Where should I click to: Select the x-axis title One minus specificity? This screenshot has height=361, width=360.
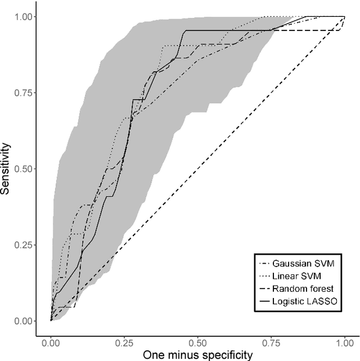[198, 354]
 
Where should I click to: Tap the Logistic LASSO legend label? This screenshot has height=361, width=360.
[305, 302]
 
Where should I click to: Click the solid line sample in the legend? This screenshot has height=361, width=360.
[265, 302]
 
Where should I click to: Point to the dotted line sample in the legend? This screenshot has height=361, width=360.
[265, 276]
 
